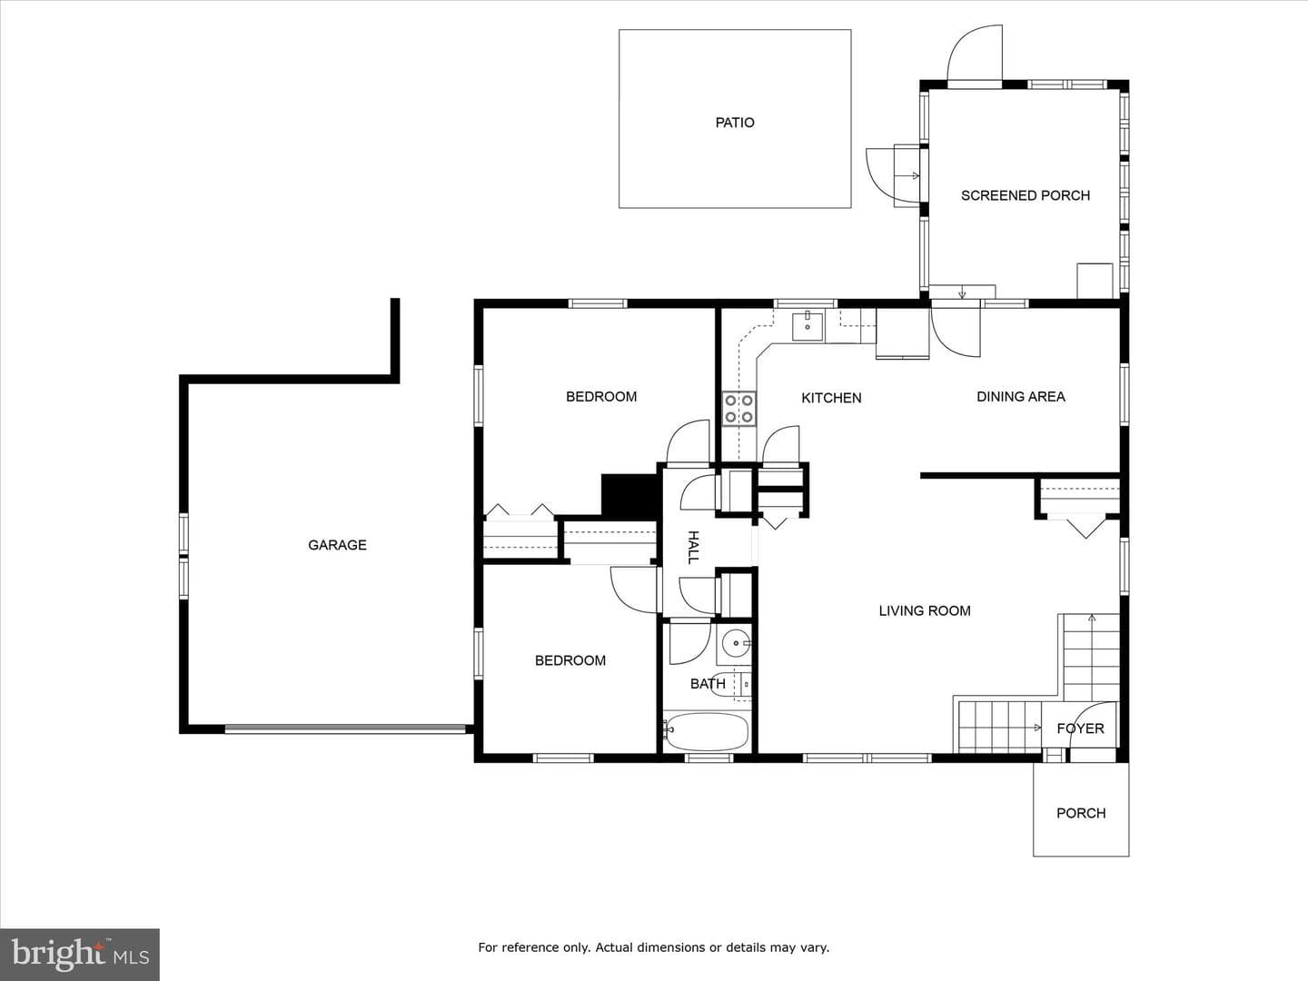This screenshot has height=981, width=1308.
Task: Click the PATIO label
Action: (735, 123)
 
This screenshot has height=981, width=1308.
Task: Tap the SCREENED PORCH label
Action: (1025, 195)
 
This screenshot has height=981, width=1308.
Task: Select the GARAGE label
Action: (337, 545)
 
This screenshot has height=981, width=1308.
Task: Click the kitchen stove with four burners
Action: (738, 409)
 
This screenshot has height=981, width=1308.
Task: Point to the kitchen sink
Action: (808, 326)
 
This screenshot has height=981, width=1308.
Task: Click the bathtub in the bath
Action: (706, 731)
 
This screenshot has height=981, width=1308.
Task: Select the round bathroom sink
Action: (736, 644)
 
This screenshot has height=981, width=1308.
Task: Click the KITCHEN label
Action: (831, 398)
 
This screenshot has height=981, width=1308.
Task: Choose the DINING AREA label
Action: (1021, 397)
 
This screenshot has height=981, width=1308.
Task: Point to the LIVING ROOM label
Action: (925, 610)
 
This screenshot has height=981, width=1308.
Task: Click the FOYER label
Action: (1080, 728)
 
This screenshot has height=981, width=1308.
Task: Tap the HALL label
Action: (693, 548)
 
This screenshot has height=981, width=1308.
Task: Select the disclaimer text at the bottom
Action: (654, 947)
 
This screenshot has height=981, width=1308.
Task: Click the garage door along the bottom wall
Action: (345, 729)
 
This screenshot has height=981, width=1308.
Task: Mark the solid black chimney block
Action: (629, 496)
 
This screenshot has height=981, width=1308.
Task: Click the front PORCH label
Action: (1081, 813)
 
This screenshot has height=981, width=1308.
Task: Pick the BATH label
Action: (708, 684)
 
